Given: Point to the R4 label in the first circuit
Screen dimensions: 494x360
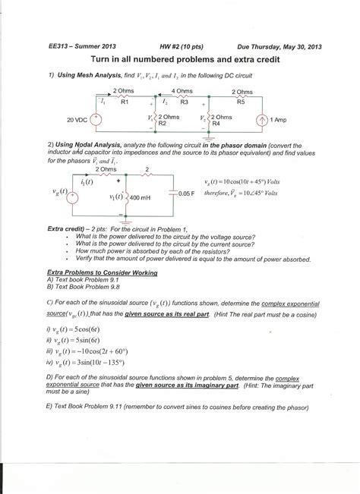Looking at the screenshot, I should pyautogui.click(x=216, y=123).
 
